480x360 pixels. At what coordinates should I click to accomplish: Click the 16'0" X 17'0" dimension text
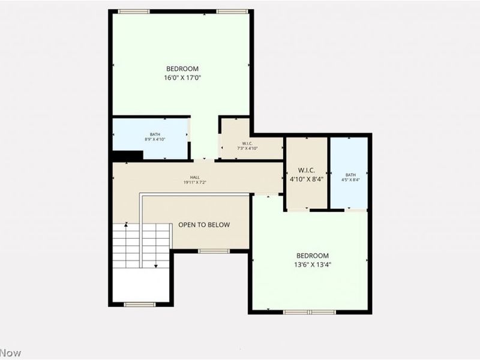click(x=182, y=77)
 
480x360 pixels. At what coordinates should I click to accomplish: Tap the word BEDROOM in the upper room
click(x=182, y=69)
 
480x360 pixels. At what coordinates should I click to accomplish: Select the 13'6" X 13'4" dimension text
click(x=312, y=264)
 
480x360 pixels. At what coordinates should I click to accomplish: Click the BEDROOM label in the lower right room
click(x=312, y=255)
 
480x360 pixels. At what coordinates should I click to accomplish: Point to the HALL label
click(x=195, y=178)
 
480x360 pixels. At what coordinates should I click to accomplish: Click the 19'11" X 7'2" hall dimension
click(x=195, y=183)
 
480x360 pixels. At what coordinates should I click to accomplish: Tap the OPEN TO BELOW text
click(x=204, y=225)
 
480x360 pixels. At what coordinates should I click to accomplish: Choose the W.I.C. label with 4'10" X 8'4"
click(x=307, y=174)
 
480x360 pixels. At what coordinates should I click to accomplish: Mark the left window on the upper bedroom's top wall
click(x=133, y=11)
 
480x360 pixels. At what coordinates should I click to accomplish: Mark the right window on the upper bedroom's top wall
click(x=232, y=11)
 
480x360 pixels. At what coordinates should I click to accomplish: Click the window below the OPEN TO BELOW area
click(x=214, y=251)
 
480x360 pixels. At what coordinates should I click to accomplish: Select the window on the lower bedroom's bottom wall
click(x=310, y=311)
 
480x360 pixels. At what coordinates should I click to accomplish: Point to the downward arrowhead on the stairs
click(x=156, y=265)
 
